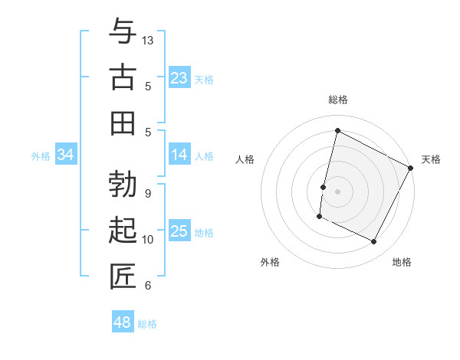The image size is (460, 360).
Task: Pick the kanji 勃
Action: pos(123,184)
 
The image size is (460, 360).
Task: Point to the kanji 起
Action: pos(123,231)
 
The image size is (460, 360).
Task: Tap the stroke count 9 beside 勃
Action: pos(147,193)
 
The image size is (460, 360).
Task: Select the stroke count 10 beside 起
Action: pos(149,240)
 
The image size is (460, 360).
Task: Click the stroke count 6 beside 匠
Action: pos(147,286)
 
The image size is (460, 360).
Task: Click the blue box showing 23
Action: pos(179,78)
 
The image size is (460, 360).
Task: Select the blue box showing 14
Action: pos(179,155)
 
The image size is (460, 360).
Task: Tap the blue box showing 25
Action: pos(179,231)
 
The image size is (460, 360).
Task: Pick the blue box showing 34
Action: pos(66,155)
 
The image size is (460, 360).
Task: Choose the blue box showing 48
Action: pos(122,322)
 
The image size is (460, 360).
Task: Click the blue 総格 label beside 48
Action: pos(148,324)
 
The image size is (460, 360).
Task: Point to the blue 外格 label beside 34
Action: pos(41,156)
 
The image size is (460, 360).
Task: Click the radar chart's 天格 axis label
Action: pos(431,159)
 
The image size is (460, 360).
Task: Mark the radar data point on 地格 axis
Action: pos(374,242)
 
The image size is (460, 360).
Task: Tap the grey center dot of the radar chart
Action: pos(337,191)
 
